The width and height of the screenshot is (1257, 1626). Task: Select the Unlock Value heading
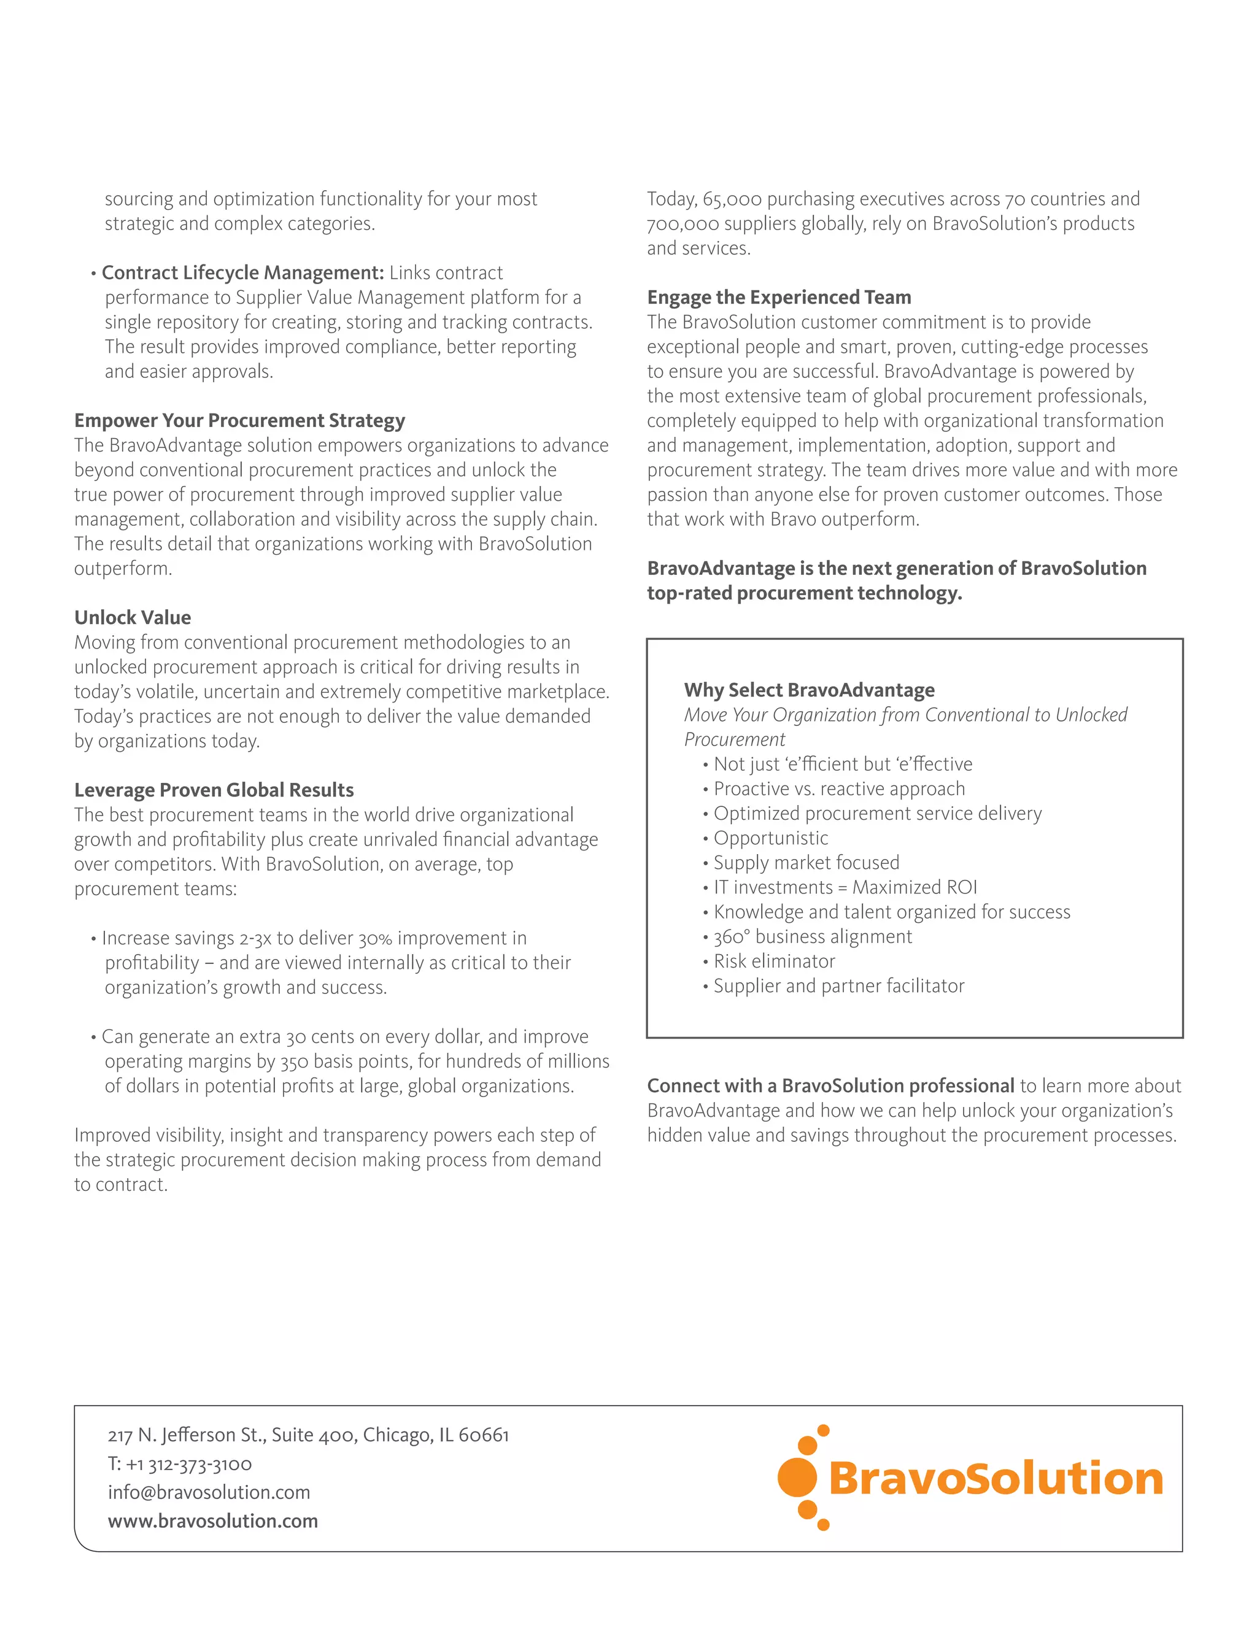(133, 617)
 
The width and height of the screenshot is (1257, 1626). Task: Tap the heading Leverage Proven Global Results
(214, 790)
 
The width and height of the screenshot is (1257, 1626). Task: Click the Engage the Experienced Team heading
(779, 297)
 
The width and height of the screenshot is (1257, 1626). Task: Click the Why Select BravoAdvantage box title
(810, 690)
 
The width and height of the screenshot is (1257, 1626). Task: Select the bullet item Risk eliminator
(775, 961)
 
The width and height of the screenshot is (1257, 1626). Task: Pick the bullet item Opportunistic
(771, 838)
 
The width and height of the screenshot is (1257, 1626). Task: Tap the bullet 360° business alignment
(813, 936)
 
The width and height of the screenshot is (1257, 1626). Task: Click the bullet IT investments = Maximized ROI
(845, 887)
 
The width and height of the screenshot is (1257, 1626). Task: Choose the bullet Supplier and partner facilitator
(838, 986)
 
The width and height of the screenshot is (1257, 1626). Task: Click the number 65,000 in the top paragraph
(732, 199)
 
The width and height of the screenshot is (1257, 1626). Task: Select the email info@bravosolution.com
(209, 1493)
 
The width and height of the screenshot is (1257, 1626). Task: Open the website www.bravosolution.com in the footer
(213, 1521)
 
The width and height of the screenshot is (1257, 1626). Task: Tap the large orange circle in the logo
(797, 1478)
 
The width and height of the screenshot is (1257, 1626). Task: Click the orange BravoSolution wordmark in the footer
(995, 1479)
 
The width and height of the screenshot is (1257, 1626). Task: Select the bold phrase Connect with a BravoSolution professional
(830, 1085)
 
